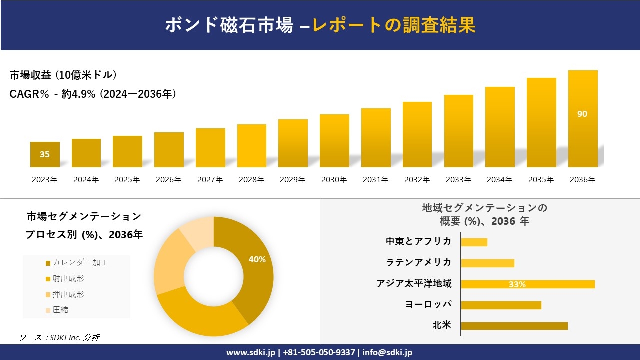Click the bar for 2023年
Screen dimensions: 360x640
coord(45,155)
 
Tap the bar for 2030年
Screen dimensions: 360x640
coord(334,141)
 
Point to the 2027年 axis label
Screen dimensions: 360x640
coord(210,180)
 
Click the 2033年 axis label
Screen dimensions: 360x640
coord(458,180)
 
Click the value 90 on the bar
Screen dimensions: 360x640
coord(582,114)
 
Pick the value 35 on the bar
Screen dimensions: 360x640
coord(45,154)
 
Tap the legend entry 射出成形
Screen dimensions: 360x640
coord(65,278)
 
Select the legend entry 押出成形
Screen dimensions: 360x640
coord(65,294)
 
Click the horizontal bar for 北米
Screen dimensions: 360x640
coord(514,326)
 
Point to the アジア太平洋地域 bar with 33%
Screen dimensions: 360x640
coord(527,284)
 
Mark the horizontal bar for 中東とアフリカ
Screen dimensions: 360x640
coord(474,242)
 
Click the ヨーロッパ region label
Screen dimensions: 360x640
coord(428,304)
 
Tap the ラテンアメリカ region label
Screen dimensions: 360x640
coord(419,262)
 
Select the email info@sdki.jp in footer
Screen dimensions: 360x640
coord(387,352)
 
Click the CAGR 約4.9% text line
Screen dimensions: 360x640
coord(93,94)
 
